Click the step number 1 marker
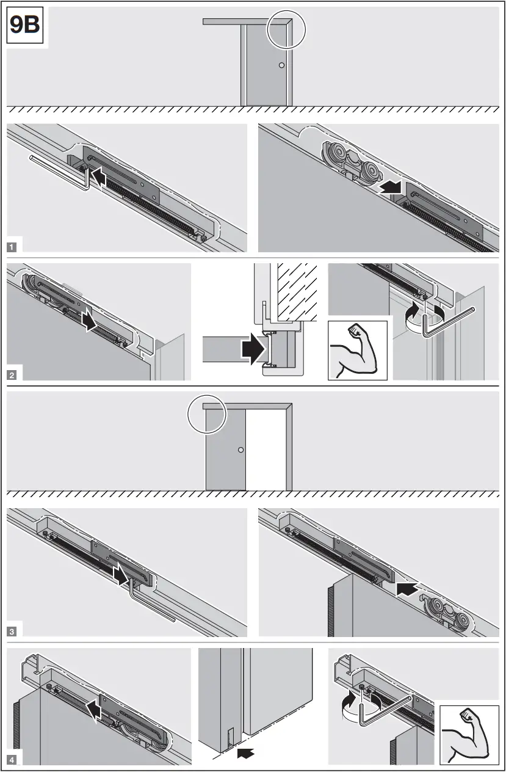click(12, 247)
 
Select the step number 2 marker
click(12, 376)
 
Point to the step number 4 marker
click(12, 760)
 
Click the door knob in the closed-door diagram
click(281, 65)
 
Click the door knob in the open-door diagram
click(240, 450)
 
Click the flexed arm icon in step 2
click(357, 349)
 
